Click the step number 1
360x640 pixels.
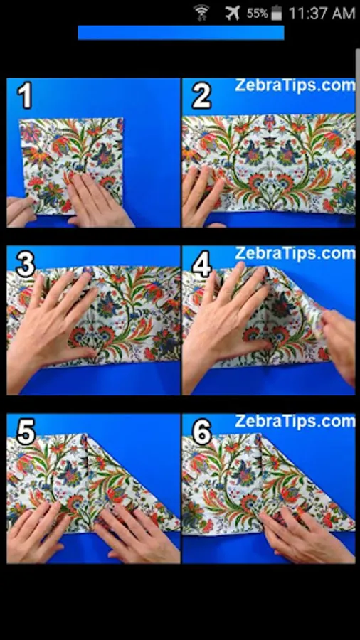24,96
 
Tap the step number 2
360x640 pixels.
201,96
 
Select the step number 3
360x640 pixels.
26,265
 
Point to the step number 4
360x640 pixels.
201,265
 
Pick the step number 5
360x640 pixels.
26,432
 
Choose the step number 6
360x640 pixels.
201,432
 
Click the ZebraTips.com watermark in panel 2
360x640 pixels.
295,86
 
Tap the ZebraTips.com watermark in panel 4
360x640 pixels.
295,253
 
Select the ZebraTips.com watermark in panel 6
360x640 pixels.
295,421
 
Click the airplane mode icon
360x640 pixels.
232,13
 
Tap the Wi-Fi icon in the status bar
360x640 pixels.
201,13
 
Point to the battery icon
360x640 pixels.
277,13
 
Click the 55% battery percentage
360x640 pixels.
257,14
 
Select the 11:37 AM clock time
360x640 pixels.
322,14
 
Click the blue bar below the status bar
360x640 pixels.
181,33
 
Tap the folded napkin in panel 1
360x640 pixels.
71,165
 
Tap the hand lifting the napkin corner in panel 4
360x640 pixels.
338,345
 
